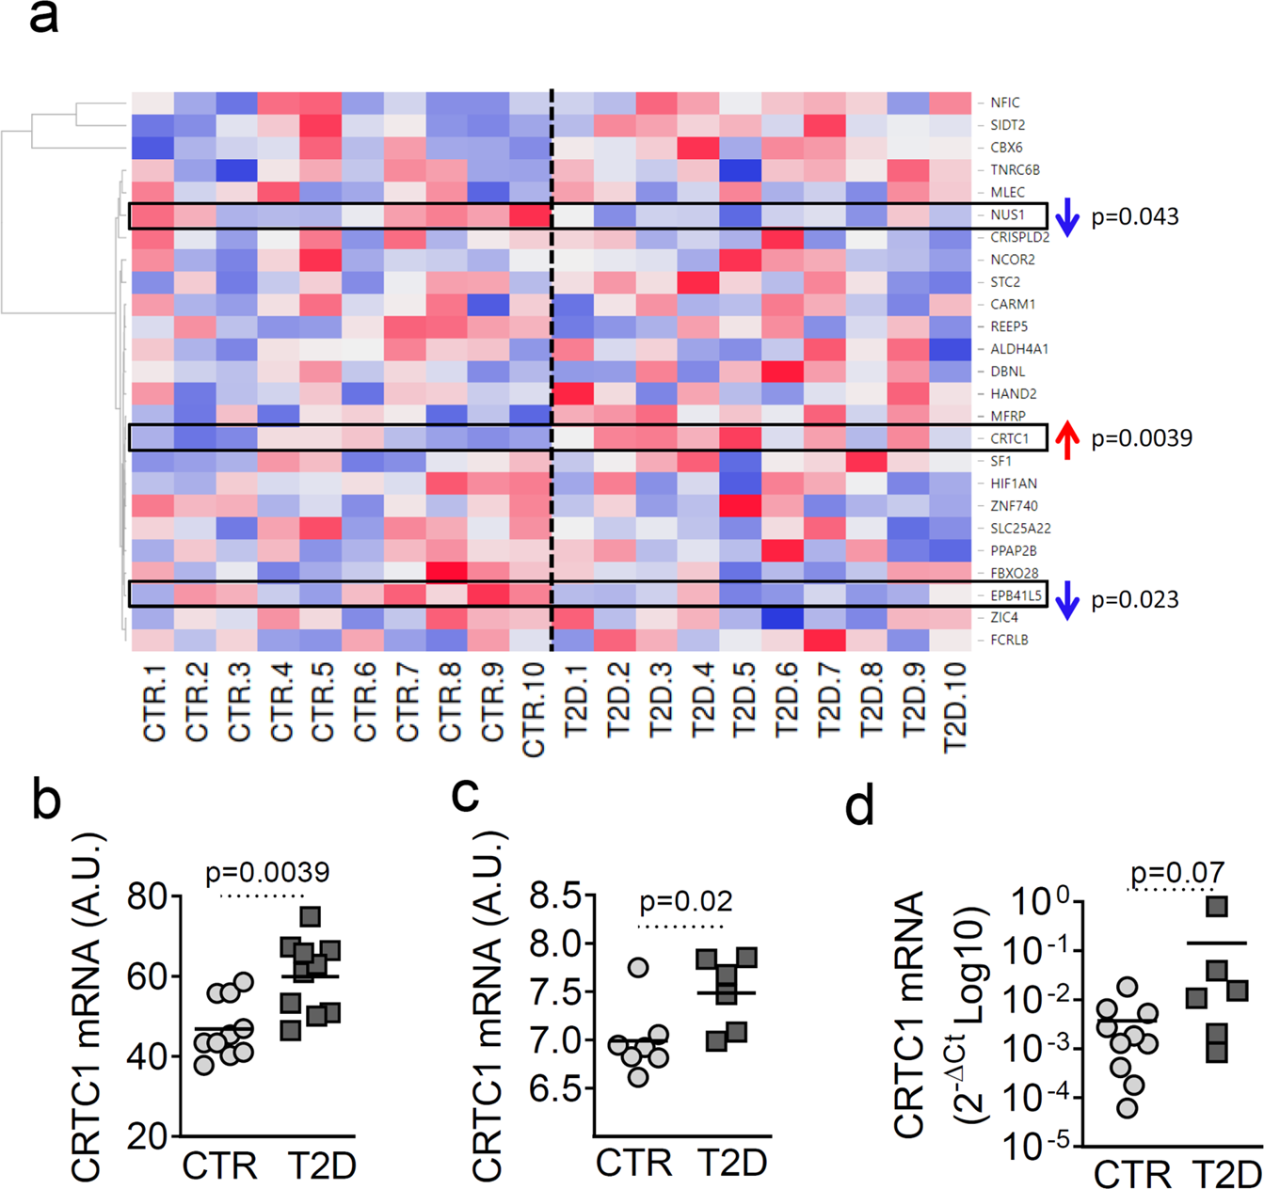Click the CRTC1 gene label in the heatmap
coord(1009,438)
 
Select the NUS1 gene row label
coord(1007,215)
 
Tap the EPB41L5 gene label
coord(1016,595)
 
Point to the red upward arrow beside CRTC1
coord(1065,439)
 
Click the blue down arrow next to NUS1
coord(1065,216)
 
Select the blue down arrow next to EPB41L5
coord(1065,600)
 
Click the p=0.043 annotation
coord(1134,217)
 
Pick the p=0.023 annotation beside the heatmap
coord(1134,600)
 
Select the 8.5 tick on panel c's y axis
coord(555,895)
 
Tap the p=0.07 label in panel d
coord(1176,873)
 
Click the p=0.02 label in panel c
coord(685,901)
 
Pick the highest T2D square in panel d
coord(1218,907)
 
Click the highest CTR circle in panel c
coord(638,967)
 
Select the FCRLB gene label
coord(1008,641)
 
